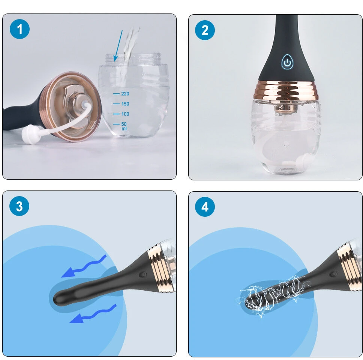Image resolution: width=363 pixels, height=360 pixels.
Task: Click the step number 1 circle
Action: coord(19,29)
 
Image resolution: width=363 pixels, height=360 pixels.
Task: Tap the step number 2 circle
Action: coord(205,30)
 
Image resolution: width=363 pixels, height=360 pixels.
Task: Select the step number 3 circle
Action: coord(19,206)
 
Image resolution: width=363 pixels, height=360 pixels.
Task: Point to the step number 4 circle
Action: coord(205,207)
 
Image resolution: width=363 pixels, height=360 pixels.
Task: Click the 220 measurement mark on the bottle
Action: coord(121,94)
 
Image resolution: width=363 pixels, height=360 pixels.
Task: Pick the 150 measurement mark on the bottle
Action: coord(121,104)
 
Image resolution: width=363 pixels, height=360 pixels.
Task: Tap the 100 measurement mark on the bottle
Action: coord(121,114)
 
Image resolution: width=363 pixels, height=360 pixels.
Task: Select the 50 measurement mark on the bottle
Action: coord(120,124)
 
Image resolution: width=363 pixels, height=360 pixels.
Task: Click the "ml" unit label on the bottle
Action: coord(124,129)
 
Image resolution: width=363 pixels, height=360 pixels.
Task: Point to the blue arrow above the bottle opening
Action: coord(118,46)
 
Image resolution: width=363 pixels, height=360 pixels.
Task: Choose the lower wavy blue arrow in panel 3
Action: coord(93,314)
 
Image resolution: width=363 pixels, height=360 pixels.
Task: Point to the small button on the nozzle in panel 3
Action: coord(142,274)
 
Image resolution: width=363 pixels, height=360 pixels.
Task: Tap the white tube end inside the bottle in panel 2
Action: coord(301,161)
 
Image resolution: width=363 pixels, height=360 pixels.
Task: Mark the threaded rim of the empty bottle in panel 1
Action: coord(133,58)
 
